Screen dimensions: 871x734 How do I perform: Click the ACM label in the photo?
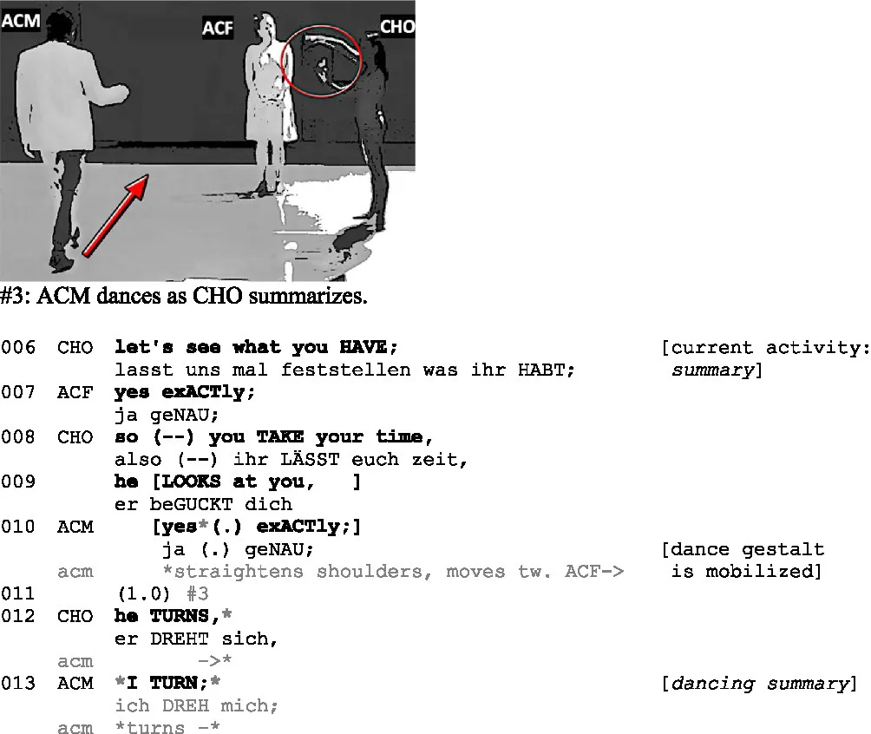21,21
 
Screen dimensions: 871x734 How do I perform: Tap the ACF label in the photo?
217,28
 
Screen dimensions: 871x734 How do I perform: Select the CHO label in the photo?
397,26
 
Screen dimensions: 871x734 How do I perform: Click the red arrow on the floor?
115,215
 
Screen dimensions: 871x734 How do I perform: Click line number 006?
17,348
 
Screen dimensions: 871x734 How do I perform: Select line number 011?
17,594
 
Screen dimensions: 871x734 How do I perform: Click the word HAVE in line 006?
363,347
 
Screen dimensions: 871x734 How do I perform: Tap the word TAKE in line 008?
280,436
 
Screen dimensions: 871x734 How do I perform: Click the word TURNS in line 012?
180,616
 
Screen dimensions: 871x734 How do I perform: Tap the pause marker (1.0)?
144,594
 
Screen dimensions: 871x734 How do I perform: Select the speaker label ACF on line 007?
75,392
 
